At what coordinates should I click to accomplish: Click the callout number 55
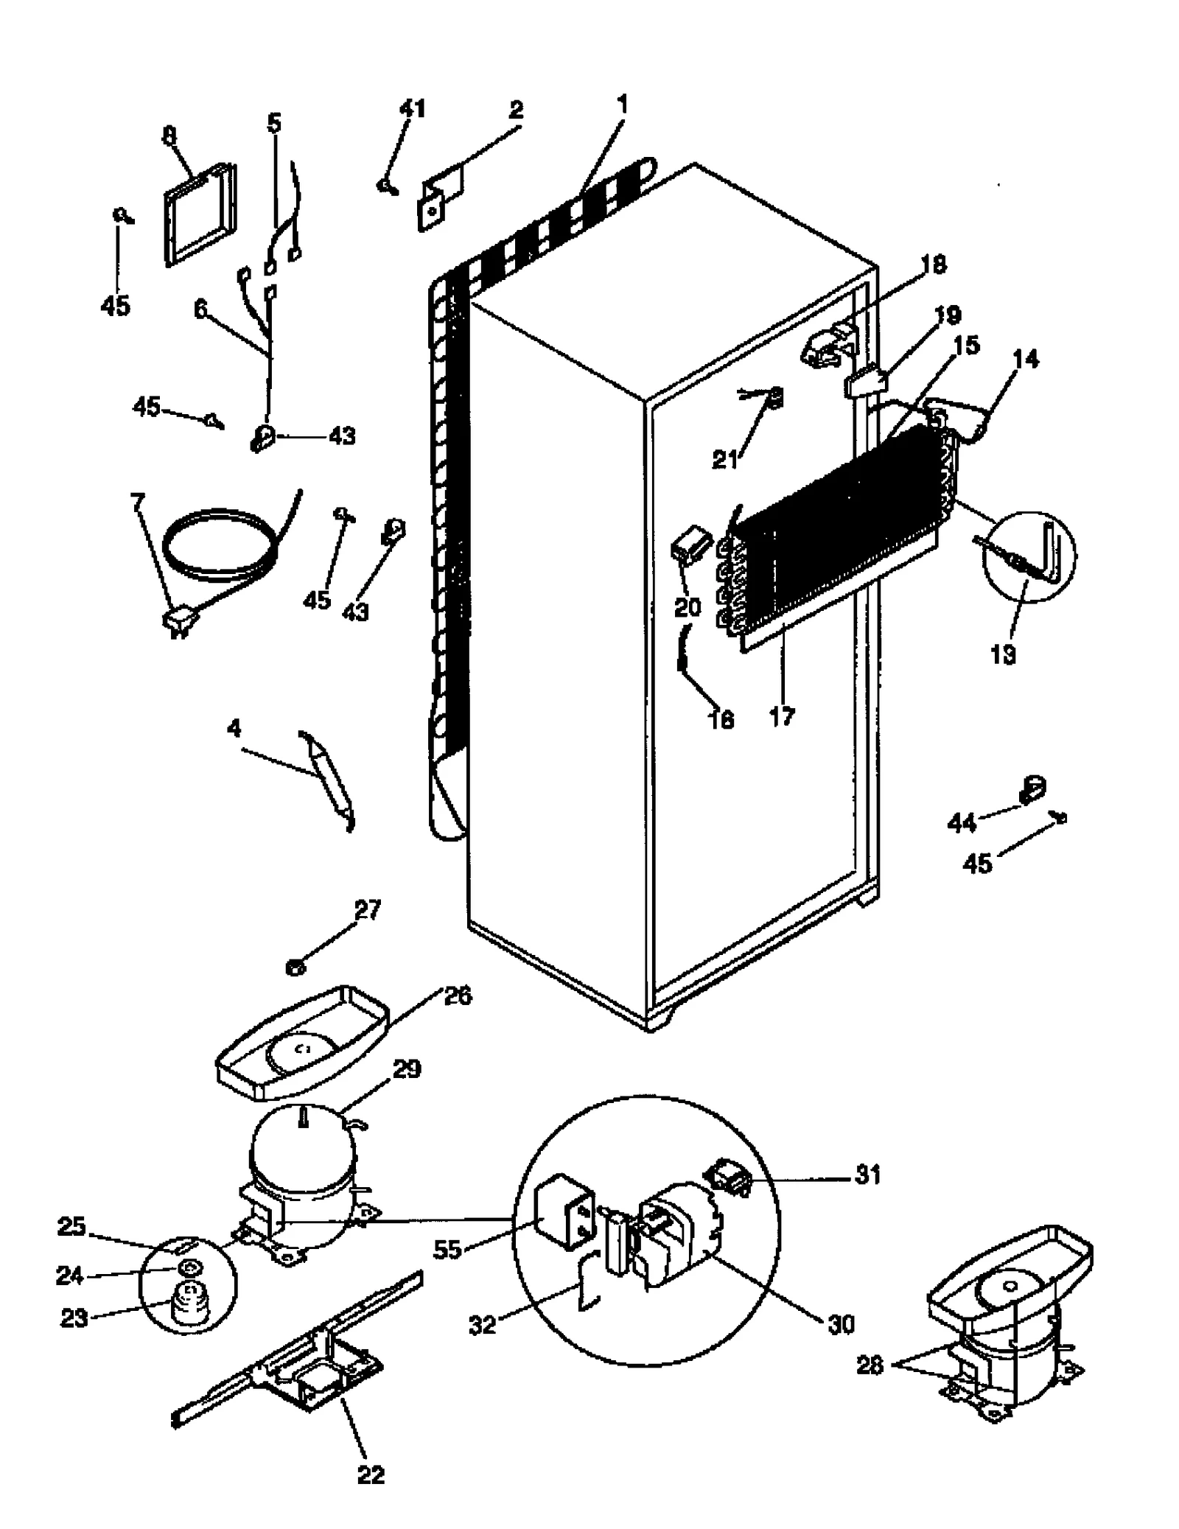pyautogui.click(x=447, y=1250)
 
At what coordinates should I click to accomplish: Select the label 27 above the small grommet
pyautogui.click(x=368, y=910)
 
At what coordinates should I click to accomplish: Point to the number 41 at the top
pyautogui.click(x=412, y=108)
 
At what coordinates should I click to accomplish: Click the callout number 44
pyautogui.click(x=961, y=822)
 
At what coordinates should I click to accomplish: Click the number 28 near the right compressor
pyautogui.click(x=870, y=1365)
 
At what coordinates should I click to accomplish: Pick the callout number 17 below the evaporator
pyautogui.click(x=782, y=715)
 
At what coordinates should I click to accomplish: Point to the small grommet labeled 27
pyautogui.click(x=295, y=967)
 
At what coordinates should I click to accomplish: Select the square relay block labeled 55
pyautogui.click(x=563, y=1217)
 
